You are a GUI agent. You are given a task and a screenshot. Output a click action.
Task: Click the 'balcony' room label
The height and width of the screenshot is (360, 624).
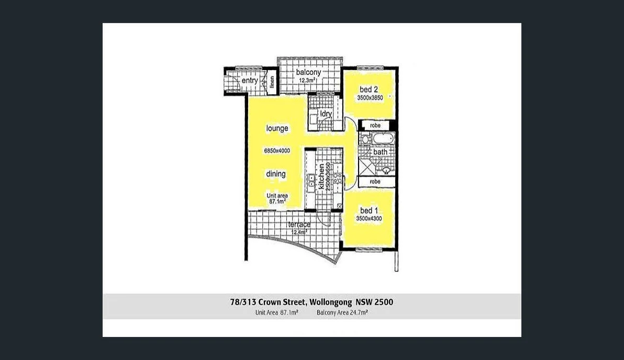308,72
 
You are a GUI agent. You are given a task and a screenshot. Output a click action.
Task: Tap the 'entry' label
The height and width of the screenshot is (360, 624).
250,81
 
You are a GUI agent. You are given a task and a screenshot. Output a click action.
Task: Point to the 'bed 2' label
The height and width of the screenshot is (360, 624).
369,89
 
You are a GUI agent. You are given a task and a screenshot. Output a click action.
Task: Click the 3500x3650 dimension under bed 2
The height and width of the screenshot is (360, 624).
370,98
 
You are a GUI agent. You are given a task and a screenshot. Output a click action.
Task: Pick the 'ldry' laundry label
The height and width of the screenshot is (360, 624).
326,114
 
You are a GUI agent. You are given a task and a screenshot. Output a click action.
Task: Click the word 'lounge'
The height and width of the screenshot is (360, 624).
277,128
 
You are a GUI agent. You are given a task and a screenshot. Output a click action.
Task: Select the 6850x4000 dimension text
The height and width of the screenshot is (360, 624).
277,151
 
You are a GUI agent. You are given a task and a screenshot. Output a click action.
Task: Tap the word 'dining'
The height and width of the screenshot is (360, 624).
276,174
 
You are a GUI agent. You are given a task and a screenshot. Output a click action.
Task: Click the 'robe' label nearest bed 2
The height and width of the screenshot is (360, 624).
375,126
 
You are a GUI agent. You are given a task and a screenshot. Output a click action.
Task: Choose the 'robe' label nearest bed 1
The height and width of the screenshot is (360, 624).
375,182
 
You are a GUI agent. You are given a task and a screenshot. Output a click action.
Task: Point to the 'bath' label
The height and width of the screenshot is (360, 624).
380,152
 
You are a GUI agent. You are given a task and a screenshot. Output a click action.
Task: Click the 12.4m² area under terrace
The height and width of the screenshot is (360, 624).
298,232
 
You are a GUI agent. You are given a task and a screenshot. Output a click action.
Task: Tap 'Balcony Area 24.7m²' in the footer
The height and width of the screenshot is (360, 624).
342,312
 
